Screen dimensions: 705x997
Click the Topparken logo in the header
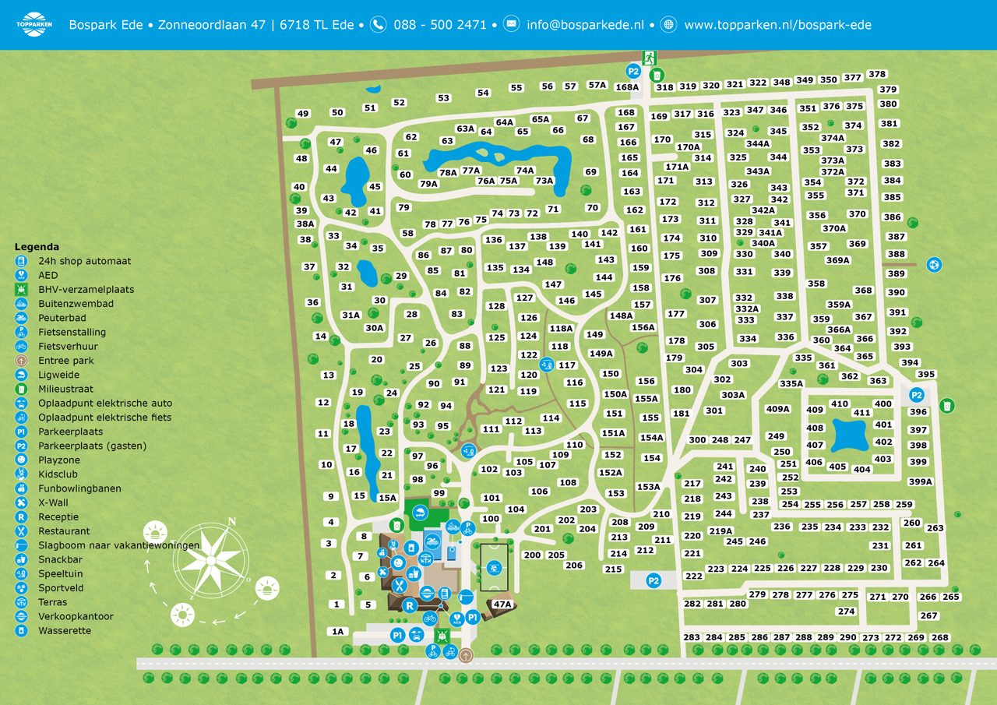click(33, 24)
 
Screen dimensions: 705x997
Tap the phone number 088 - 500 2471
click(439, 25)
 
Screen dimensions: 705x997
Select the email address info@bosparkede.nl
click(585, 25)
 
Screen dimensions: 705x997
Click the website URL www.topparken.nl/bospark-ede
click(777, 25)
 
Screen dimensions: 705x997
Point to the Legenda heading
click(37, 247)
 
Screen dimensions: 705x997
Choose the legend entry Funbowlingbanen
click(79, 488)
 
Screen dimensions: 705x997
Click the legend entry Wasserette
click(65, 630)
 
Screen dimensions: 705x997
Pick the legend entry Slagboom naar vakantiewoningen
click(118, 545)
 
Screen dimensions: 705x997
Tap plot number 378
click(877, 75)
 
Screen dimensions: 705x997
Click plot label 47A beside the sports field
click(502, 605)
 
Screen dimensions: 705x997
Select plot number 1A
click(337, 632)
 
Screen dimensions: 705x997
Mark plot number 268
click(940, 637)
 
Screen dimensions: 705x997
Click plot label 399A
click(920, 481)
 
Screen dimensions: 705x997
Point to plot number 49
click(303, 114)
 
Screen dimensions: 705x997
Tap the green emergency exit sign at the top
click(649, 57)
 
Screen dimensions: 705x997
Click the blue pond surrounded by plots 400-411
click(849, 435)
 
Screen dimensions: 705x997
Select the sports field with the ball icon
click(493, 567)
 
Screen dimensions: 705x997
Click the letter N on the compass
click(231, 522)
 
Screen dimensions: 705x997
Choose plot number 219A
click(720, 531)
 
